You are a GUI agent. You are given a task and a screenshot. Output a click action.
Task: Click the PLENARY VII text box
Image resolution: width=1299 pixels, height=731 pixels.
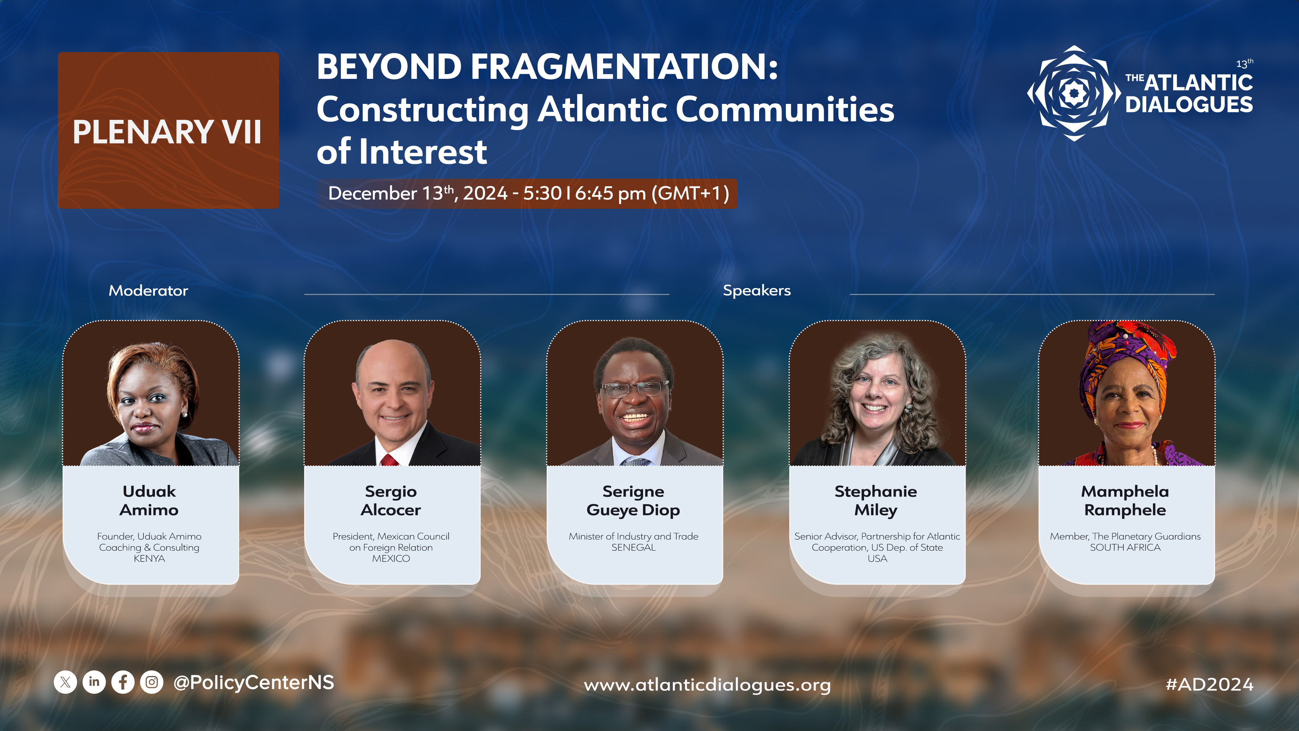coord(168,131)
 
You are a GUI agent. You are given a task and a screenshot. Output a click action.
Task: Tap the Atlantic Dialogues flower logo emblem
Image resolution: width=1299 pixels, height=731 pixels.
coord(1074,93)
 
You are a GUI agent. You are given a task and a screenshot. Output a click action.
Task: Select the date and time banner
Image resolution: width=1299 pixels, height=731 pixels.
coord(527,193)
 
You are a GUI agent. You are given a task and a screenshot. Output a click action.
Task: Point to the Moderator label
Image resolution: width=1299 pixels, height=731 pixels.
coord(148,291)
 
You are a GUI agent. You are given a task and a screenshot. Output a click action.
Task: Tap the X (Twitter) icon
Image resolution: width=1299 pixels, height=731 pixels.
coord(66,682)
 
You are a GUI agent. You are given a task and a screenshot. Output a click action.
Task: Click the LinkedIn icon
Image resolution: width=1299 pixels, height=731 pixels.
coord(94,682)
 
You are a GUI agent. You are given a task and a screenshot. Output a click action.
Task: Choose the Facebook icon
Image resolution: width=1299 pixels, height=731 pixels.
coord(123,682)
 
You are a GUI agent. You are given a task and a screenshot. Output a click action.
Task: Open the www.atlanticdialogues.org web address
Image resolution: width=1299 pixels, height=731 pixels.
coord(707,685)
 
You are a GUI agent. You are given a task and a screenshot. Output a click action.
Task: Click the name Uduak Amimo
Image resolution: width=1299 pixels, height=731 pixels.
coord(149,501)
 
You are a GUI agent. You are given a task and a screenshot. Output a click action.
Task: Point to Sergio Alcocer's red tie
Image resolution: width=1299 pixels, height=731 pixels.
coord(390,460)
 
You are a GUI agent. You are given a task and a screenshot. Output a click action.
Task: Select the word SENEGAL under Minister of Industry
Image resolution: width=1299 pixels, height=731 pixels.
coord(633,547)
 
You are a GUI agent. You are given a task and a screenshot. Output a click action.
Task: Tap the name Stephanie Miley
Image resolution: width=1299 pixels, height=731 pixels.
coord(876,501)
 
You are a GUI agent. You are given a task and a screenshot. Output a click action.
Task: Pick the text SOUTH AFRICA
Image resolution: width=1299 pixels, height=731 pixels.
coord(1125,547)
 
